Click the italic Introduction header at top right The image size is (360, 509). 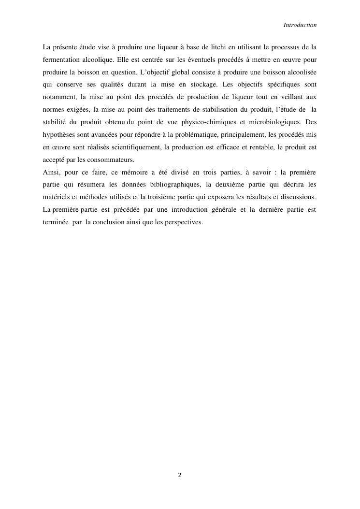coord(300,25)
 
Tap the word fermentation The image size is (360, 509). coord(61,59)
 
